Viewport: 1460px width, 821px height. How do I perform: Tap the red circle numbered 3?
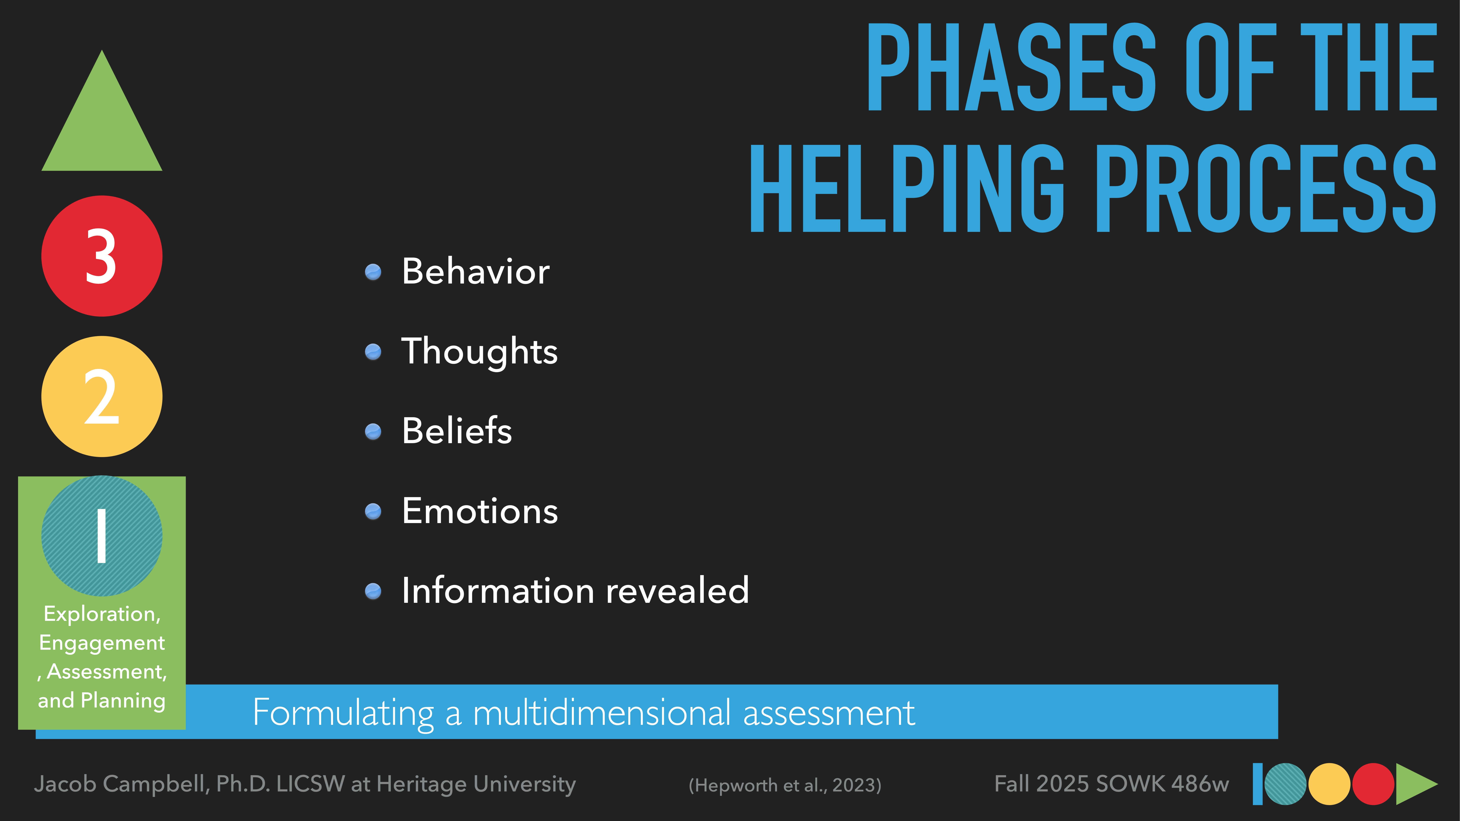point(102,256)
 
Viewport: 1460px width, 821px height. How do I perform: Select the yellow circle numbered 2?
point(102,397)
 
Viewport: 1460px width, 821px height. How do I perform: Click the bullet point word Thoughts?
point(479,351)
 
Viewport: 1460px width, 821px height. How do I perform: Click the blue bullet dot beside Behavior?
point(373,272)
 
